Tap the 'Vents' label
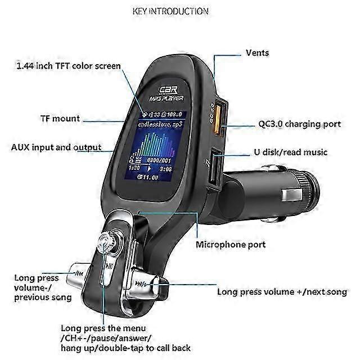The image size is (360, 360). (x=257, y=53)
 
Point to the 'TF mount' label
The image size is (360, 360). (x=60, y=119)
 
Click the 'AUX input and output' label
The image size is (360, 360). (x=56, y=147)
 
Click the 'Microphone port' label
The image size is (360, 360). (x=231, y=245)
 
